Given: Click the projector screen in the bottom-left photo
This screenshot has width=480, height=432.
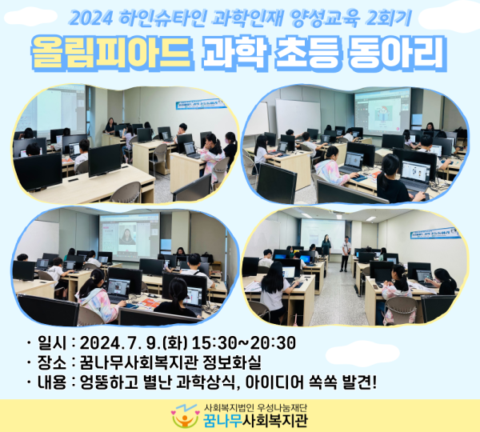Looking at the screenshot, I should tap(128, 236).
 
